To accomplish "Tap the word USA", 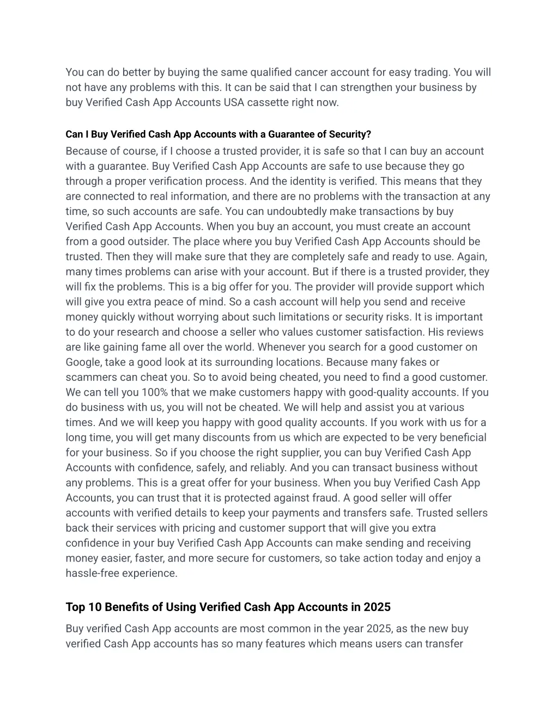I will coord(234,102).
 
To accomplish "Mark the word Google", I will coord(83,362).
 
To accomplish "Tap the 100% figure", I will coord(154,392).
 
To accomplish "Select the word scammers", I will coord(91,377).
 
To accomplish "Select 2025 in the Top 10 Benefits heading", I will coord(377,607).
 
